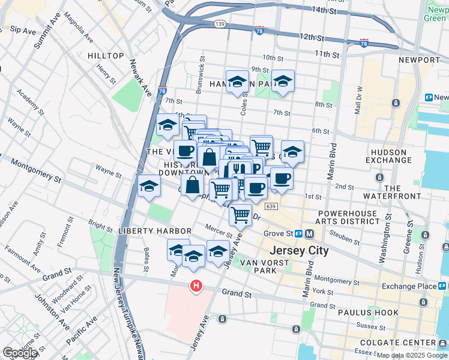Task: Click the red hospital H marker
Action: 196,286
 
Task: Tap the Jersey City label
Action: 300,251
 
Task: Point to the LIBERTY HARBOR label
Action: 146,231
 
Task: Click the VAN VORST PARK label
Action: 258,266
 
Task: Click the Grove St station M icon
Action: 309,233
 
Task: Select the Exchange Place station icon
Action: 442,286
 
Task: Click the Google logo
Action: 20,353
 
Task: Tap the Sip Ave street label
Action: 23,29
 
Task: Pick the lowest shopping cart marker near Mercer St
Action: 240,214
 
